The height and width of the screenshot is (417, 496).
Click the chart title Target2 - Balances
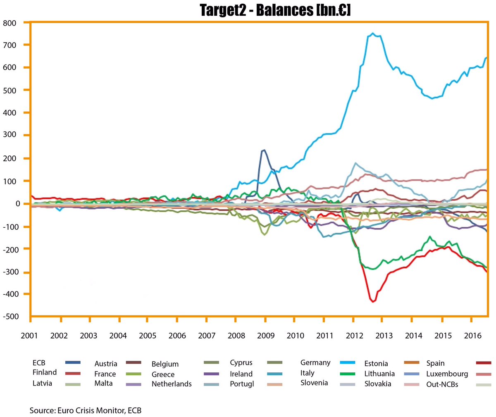[x=275, y=10]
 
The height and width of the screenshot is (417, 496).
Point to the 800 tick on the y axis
[x=10, y=23]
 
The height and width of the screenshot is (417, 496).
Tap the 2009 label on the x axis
[x=265, y=336]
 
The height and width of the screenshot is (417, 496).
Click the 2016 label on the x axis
[x=472, y=336]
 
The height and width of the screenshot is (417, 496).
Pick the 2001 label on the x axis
[x=29, y=336]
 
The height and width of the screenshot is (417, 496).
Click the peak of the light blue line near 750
[x=373, y=33]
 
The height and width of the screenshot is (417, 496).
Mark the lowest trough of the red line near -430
[x=373, y=302]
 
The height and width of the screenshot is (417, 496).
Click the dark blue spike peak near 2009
[x=264, y=150]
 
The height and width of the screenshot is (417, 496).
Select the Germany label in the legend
[x=315, y=362]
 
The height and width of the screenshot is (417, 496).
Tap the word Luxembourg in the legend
[x=447, y=374]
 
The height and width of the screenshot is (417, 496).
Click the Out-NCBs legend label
[x=442, y=384]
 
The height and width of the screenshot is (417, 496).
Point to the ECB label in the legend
[x=39, y=363]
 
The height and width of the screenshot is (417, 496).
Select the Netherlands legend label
[x=172, y=384]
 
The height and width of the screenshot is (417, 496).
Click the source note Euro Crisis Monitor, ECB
[x=86, y=411]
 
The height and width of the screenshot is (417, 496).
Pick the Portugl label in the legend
[x=242, y=384]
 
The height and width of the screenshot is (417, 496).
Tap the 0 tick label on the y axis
[x=17, y=204]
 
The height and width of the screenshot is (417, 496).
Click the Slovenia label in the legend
[x=314, y=383]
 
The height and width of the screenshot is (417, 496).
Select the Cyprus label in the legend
[x=241, y=363]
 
